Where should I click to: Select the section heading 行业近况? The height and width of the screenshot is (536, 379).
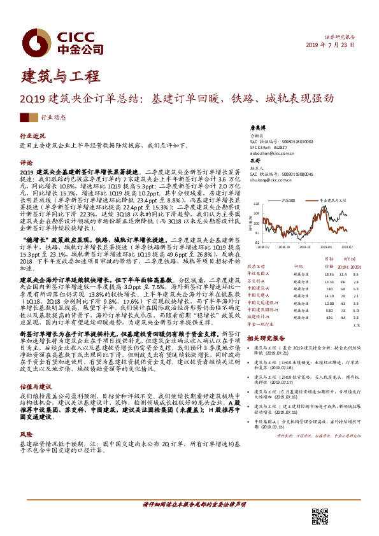click(33, 136)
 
